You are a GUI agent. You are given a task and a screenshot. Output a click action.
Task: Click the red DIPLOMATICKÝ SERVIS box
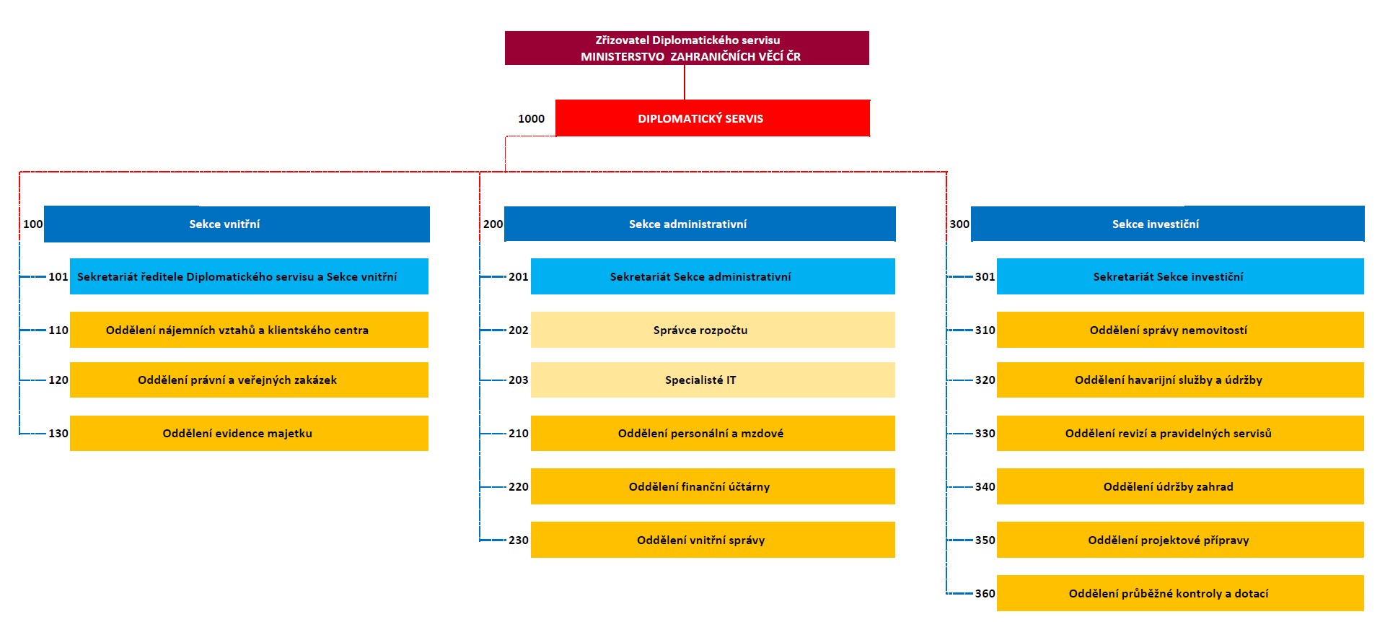coord(713,118)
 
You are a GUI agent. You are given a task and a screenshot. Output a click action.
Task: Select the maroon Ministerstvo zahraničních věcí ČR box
coord(687,48)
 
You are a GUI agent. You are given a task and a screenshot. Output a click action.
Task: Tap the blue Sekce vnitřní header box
coord(237,224)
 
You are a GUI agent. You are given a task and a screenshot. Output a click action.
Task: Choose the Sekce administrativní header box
coord(700,224)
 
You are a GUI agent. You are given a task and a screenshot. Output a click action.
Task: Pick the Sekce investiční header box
coord(1168,224)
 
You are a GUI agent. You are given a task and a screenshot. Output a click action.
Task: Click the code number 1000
coord(532,119)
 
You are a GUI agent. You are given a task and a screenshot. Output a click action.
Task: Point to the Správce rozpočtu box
coord(713,330)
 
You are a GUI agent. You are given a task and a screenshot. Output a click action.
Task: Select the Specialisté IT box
coord(713,380)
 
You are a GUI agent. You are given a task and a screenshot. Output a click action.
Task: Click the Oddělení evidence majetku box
coord(249,433)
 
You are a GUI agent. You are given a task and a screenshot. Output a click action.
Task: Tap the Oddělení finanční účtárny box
coord(713,486)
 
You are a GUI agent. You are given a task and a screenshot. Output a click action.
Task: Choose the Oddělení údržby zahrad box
coord(1180,486)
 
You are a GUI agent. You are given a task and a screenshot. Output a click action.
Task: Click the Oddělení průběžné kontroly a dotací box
coord(1180,593)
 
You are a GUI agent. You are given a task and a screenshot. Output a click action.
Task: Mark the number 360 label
coord(985,594)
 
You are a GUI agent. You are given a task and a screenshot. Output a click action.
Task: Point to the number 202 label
coord(519,330)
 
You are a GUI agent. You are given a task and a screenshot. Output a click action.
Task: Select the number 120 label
coord(58,380)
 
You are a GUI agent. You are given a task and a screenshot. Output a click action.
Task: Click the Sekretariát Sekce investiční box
coord(1180,276)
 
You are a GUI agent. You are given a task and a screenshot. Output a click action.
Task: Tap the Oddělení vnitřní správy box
coord(713,540)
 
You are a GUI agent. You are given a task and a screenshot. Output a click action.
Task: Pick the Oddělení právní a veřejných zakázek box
coord(249,380)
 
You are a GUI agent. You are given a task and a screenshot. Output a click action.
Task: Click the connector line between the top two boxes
coord(685,82)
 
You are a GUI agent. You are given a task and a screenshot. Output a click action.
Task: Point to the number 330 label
coord(985,434)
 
